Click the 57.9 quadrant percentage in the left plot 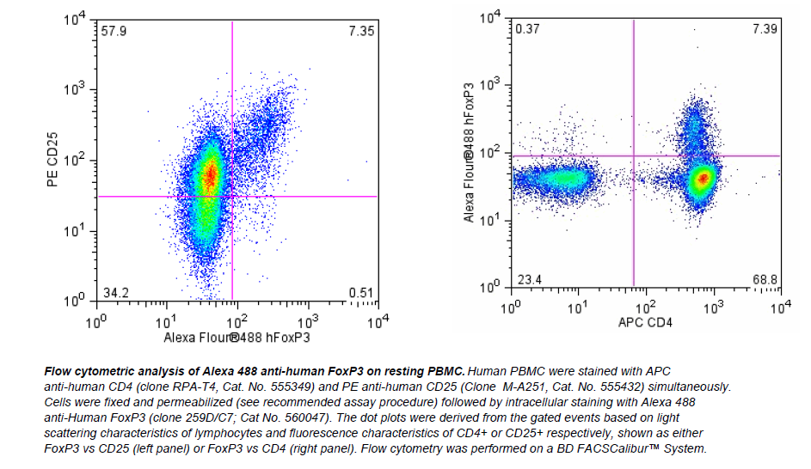(114, 31)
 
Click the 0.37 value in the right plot (527, 29)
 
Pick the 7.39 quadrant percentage (764, 29)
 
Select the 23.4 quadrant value (528, 280)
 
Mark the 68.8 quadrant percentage (764, 280)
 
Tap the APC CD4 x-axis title (645, 322)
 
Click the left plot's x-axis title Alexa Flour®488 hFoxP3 (237, 338)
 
